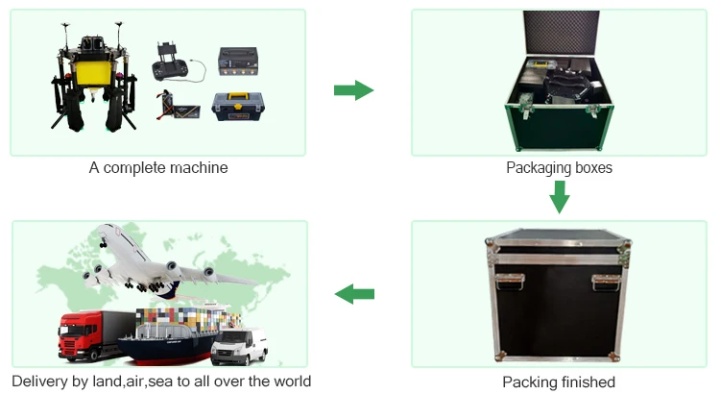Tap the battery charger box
tap(237, 60)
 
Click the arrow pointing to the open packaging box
tap(352, 90)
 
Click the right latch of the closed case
tap(606, 282)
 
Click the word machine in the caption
tap(200, 168)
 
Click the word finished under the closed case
tap(585, 382)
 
